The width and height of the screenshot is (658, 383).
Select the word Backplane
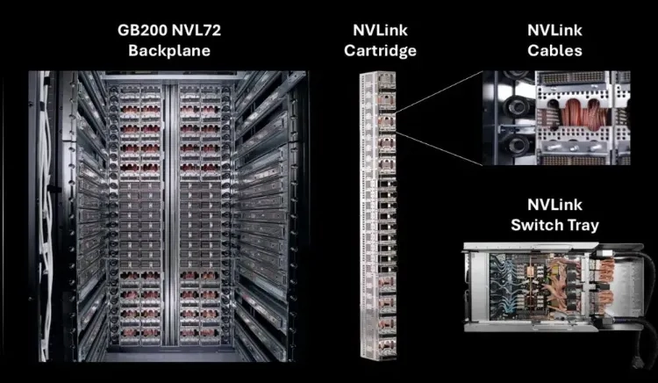click(x=169, y=50)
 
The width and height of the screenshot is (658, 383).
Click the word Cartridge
click(x=380, y=50)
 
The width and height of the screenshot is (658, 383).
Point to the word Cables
click(x=554, y=50)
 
